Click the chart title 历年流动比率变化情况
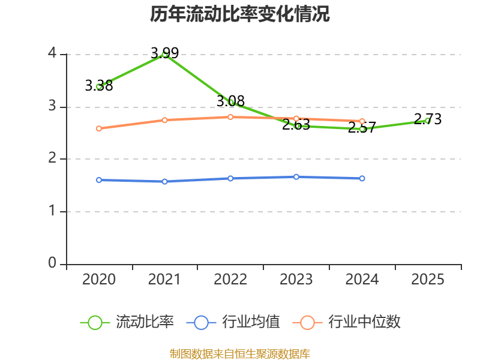click(x=239, y=14)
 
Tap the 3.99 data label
click(x=164, y=53)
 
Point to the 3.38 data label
click(x=99, y=85)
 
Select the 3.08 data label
click(x=230, y=101)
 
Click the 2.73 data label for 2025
click(x=428, y=119)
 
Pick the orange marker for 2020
click(x=99, y=128)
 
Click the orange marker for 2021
click(x=164, y=120)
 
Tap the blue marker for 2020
click(x=99, y=180)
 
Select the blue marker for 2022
click(x=230, y=178)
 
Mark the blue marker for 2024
click(x=362, y=178)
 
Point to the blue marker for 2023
click(x=296, y=177)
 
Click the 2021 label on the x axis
click(x=164, y=279)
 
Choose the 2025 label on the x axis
click(x=428, y=279)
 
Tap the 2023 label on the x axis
click(x=296, y=279)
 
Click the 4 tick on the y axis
click(x=52, y=53)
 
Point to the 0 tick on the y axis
click(x=52, y=263)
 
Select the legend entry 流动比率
click(x=127, y=322)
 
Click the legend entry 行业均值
click(x=233, y=322)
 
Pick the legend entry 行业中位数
click(x=347, y=322)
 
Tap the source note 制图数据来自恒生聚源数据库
click(x=240, y=354)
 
